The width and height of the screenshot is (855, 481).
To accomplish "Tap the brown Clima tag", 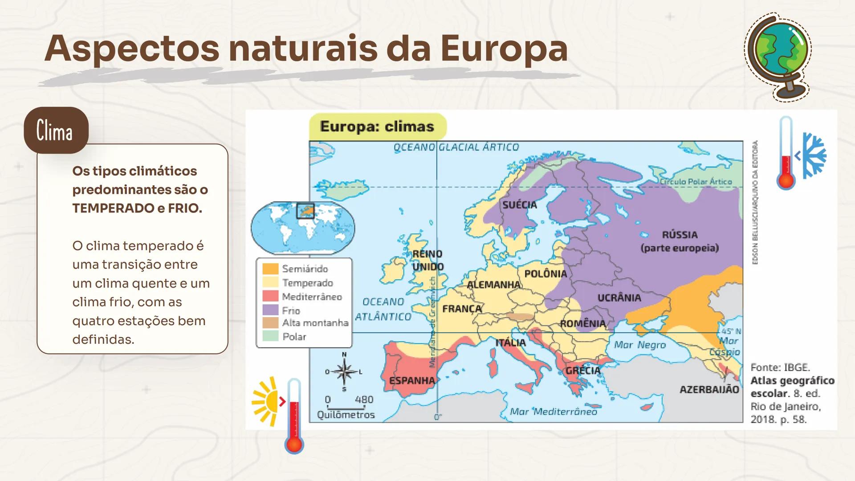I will click(x=56, y=130).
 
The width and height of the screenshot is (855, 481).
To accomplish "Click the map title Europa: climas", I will click(x=377, y=126).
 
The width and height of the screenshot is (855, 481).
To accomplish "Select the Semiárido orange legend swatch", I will click(x=270, y=269).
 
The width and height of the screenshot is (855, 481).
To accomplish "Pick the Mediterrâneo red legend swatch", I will click(x=270, y=297).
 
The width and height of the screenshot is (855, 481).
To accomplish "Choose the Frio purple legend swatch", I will click(x=270, y=310).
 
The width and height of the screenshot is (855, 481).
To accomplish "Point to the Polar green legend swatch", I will click(x=270, y=336).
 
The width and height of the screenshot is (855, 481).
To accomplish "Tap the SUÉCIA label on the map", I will click(x=520, y=205).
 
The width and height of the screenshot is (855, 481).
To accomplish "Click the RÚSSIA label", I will click(x=680, y=235).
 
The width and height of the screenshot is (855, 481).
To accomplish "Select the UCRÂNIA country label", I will click(x=619, y=298).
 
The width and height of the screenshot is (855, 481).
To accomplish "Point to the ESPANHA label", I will click(x=412, y=381).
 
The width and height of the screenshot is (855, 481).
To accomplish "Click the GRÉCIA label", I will click(x=583, y=371).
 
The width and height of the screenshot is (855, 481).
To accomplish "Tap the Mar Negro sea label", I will click(x=640, y=345).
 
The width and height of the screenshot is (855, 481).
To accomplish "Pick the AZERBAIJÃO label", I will click(x=709, y=390).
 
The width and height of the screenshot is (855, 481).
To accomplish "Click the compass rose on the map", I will click(x=344, y=372).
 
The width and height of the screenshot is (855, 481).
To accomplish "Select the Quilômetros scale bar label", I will click(x=346, y=415).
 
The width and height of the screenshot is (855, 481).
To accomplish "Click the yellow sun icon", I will click(x=266, y=401).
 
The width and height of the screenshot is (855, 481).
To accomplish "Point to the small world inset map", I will click(x=303, y=227).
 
